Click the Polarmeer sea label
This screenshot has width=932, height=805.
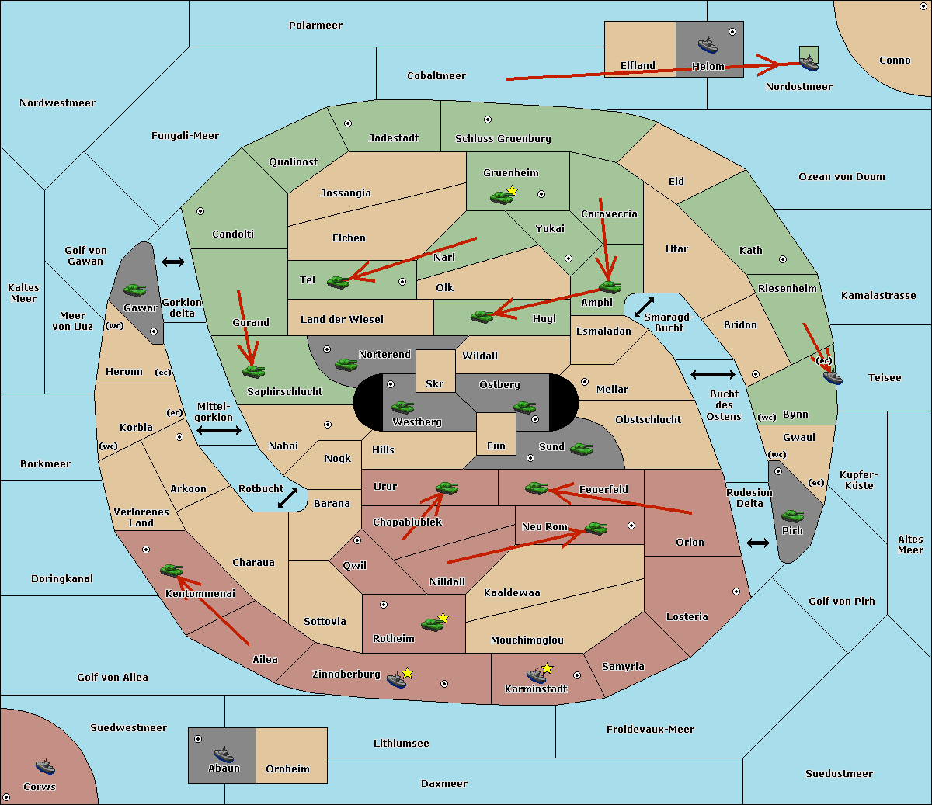point(315,26)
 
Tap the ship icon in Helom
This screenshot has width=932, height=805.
point(707,44)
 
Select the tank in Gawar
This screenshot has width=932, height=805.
point(135,290)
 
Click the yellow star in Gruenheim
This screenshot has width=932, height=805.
point(512,191)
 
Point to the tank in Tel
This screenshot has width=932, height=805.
point(338,281)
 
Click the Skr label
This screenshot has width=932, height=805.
point(435,383)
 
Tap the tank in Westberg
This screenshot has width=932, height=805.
point(402,407)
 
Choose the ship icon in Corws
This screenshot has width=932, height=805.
point(45,766)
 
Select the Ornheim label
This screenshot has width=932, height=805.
point(287,769)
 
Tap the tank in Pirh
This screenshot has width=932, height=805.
point(792,516)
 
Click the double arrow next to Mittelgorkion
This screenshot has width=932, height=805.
point(219,431)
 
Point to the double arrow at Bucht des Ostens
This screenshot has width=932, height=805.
point(712,375)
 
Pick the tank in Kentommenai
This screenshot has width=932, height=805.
point(172,571)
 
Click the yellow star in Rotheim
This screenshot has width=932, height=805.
point(443,618)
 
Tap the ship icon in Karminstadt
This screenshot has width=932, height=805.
point(536,675)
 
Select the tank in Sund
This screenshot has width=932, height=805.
point(581,449)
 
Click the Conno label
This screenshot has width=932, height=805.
point(895,60)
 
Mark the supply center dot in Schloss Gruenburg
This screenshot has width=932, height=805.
point(488,120)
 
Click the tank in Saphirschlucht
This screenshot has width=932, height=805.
point(253,372)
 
